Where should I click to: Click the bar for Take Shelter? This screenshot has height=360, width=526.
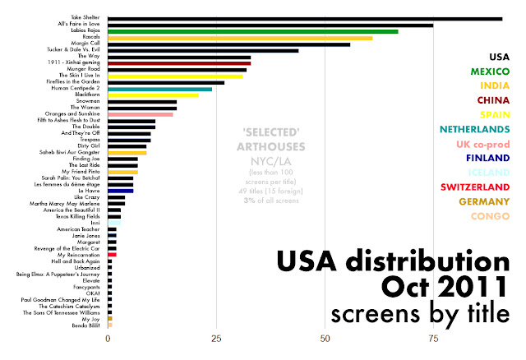[304, 18]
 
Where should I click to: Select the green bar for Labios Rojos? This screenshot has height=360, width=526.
[252, 31]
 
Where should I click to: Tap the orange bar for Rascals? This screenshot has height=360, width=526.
[240, 38]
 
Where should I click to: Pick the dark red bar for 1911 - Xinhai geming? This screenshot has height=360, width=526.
[179, 63]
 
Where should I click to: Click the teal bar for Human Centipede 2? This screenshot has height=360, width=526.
[159, 89]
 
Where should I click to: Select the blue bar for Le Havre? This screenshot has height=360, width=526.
[120, 191]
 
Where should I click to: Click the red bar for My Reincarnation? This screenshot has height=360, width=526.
[112, 255]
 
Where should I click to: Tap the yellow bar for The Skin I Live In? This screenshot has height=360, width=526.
[175, 76]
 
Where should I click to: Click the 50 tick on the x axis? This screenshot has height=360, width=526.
[325, 338]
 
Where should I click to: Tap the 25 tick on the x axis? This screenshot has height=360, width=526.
[216, 338]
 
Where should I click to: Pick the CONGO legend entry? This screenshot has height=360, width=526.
[490, 215]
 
